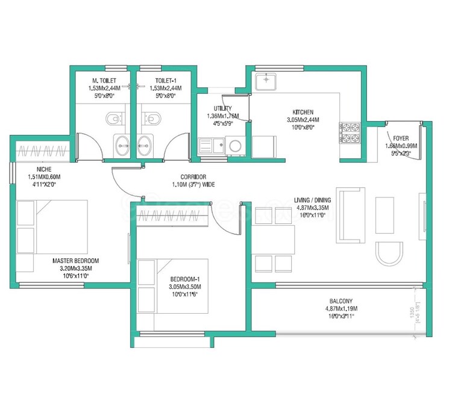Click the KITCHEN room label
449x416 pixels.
302,113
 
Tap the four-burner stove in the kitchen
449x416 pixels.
350,134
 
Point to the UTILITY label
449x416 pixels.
219,108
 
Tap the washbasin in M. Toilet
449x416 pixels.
122,144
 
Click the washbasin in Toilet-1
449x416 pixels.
145,144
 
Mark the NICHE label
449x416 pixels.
44,169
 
